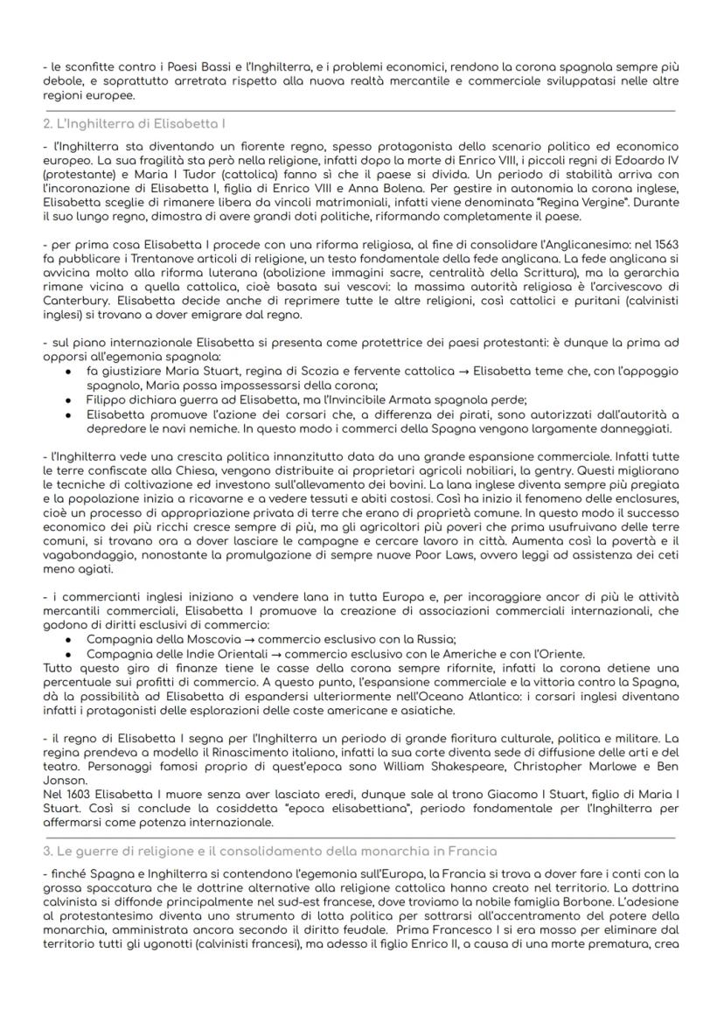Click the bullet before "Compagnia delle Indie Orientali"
(x=69, y=653)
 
